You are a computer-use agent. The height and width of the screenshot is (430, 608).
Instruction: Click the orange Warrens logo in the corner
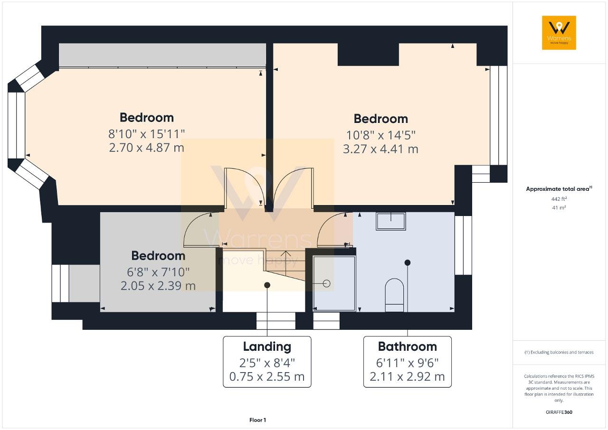coord(559,33)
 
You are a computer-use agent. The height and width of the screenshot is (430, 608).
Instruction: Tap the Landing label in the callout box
coord(267,347)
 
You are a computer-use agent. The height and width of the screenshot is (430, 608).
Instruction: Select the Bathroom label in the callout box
coord(408,346)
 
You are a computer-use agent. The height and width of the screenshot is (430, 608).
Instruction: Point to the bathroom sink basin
coord(391,221)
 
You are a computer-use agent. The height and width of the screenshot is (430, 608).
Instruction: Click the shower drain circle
coord(326,284)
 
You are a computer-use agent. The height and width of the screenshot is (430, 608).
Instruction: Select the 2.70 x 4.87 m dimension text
coord(147,148)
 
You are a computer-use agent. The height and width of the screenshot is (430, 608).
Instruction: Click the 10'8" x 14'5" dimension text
coord(381,135)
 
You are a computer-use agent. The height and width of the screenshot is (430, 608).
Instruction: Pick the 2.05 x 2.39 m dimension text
coord(158,286)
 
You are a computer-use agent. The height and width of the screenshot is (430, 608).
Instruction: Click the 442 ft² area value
coord(559,199)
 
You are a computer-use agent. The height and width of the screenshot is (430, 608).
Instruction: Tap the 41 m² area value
coord(559,208)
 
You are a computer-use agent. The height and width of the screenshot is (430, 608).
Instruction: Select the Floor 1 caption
coord(257,420)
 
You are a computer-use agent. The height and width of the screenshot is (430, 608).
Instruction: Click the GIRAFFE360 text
coord(559,412)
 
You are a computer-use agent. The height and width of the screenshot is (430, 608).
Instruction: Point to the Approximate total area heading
coord(559,189)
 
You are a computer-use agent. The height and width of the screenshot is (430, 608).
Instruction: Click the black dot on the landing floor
coord(267,285)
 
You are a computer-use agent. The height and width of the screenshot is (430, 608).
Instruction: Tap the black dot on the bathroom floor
coord(408,262)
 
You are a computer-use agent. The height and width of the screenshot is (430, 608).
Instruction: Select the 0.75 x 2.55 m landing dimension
coord(267,376)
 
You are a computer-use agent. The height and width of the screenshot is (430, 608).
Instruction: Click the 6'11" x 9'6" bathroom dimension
coord(408,363)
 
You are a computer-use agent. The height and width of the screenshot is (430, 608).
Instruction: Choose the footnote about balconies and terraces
coord(559,352)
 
